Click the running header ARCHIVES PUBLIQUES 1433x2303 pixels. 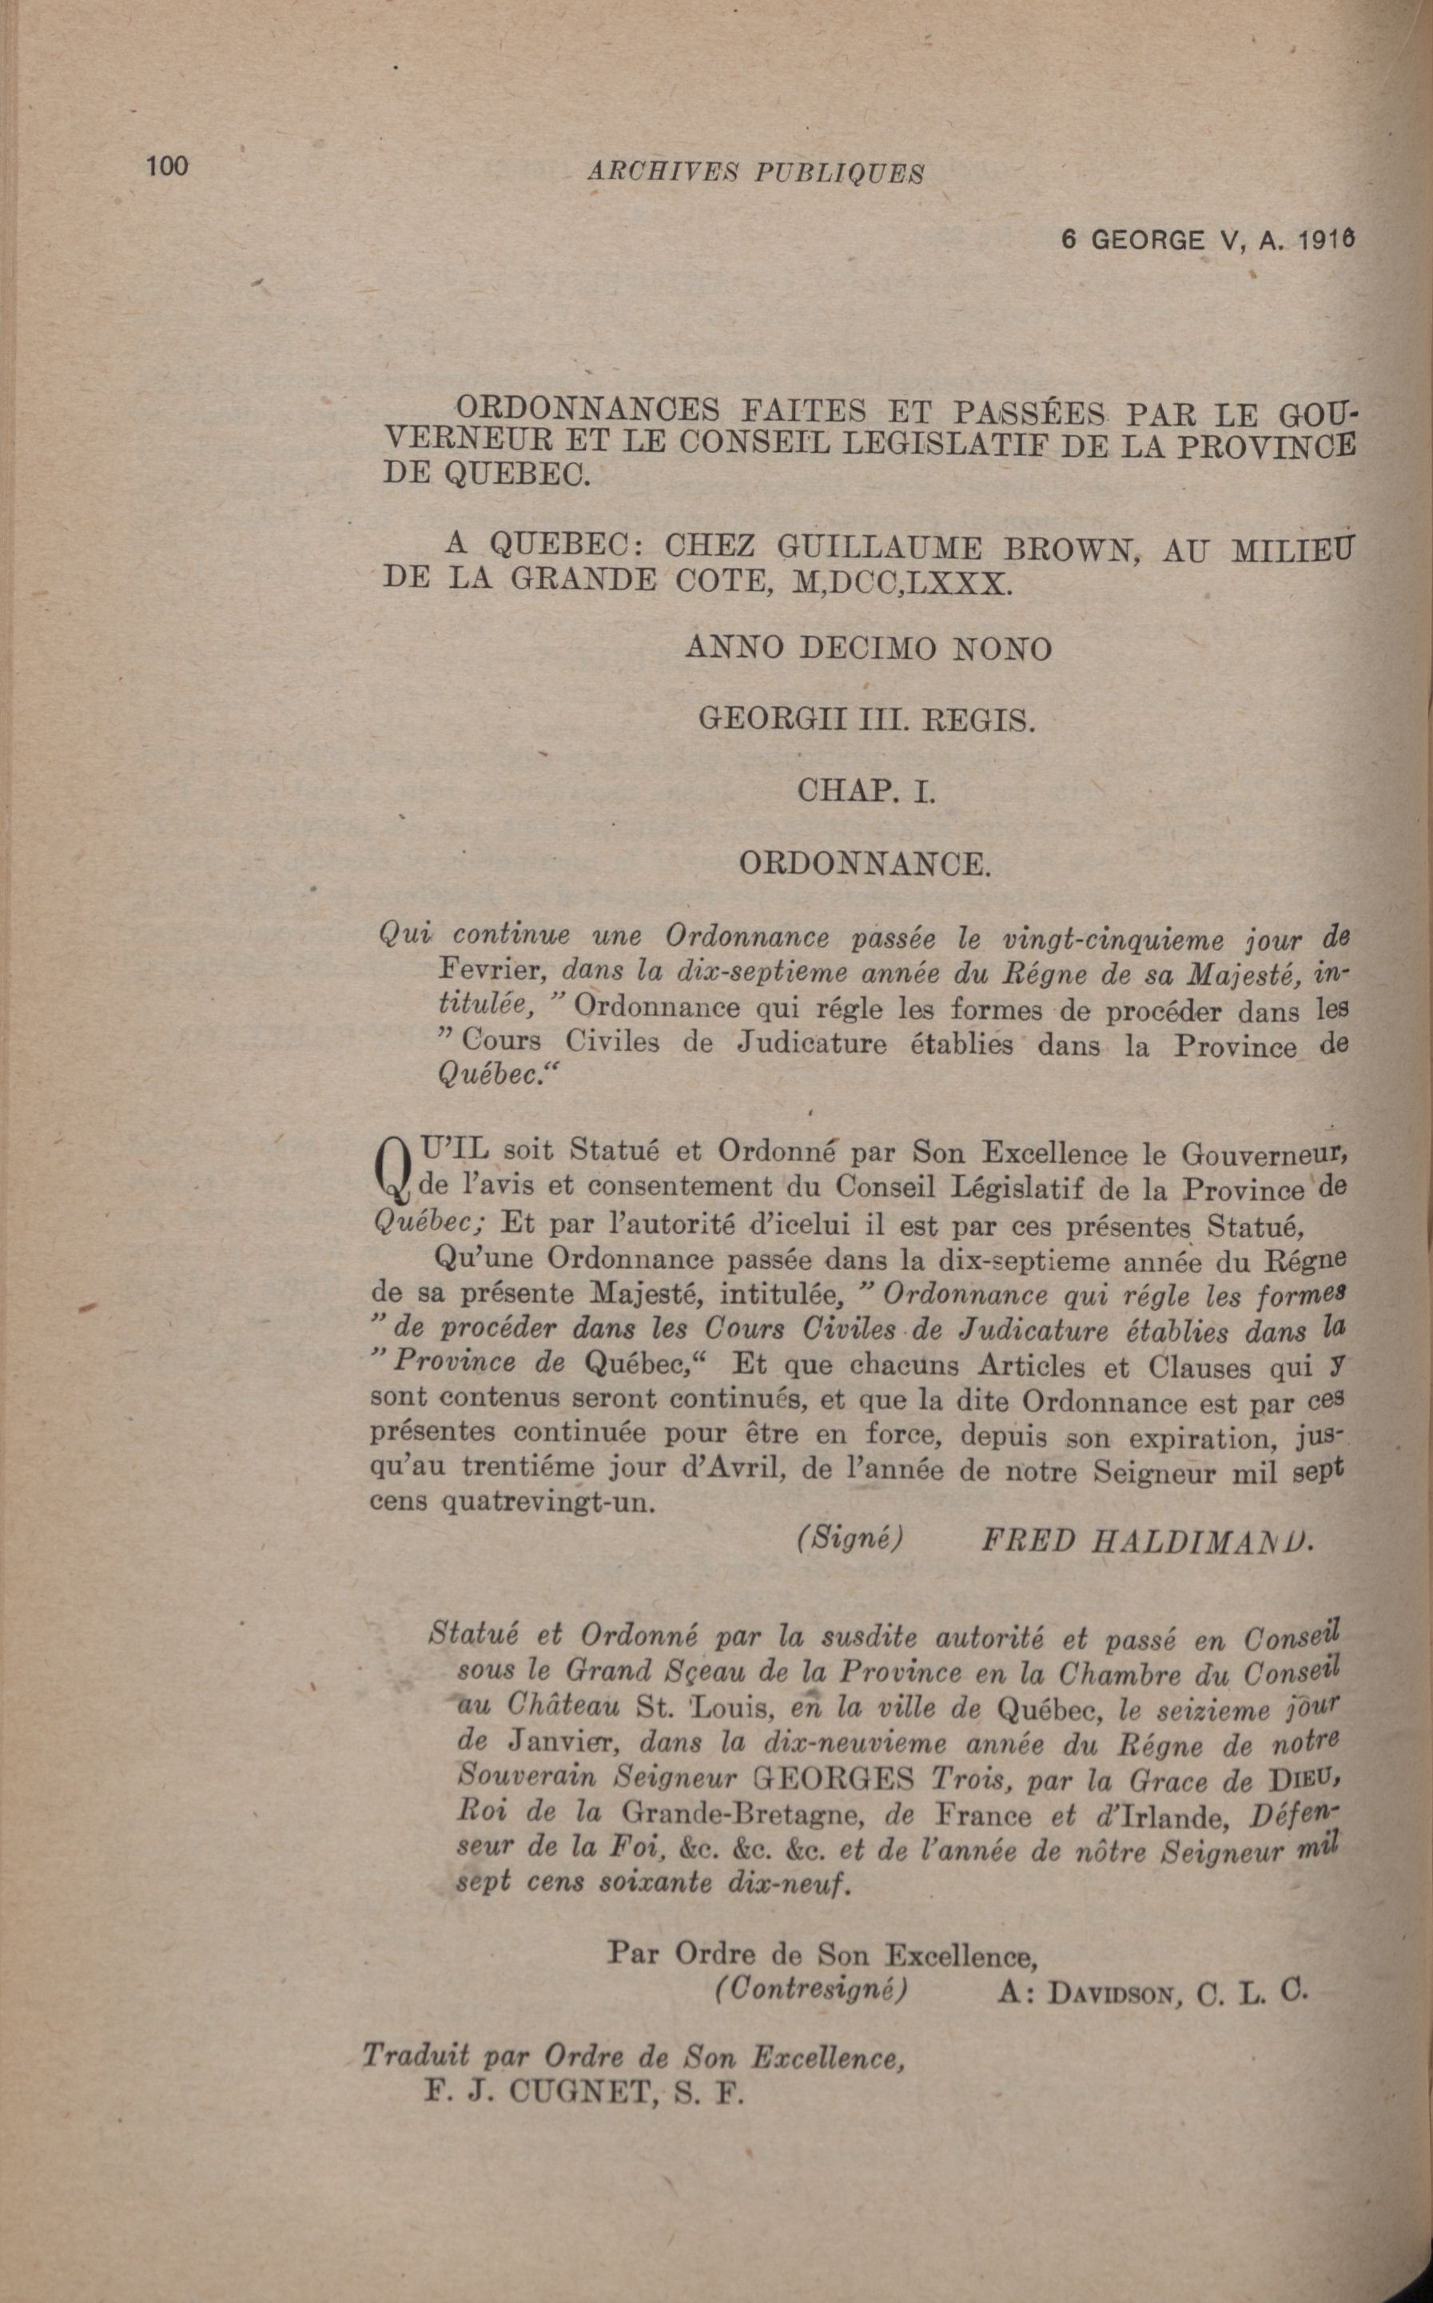[x=754, y=172]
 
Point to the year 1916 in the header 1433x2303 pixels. [x=1328, y=240]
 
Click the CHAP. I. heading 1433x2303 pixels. [x=867, y=791]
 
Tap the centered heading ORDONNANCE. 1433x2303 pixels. [x=864, y=863]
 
